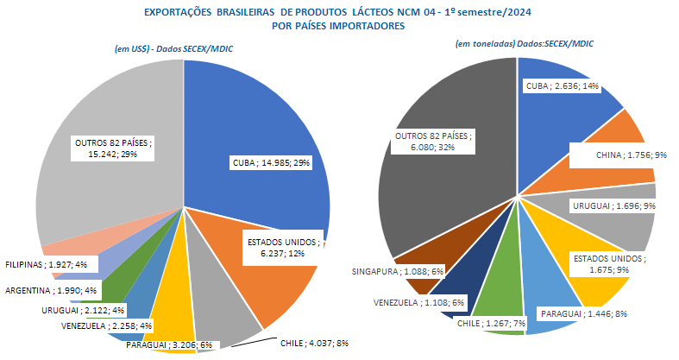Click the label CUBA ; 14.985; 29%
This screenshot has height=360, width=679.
[269, 162]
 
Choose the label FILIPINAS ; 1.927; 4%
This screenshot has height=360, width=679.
[51, 263]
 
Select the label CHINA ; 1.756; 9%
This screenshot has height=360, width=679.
[616, 156]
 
